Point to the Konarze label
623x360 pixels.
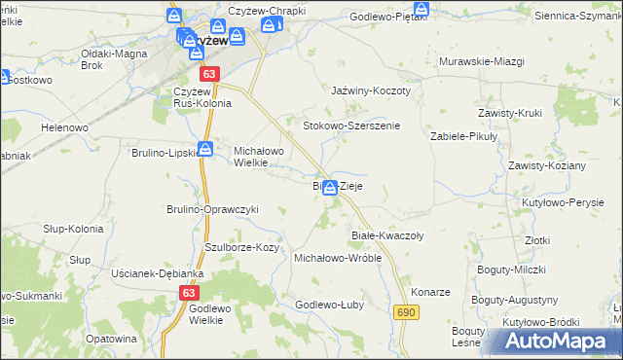429,292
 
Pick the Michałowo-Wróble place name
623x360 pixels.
337,259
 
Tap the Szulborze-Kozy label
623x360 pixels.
241,248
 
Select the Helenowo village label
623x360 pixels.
64,127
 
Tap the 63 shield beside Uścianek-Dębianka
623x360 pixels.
190,292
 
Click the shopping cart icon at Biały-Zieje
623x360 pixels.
331,187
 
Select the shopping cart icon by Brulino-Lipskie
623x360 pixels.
205,149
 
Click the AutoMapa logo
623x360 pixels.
556,341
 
